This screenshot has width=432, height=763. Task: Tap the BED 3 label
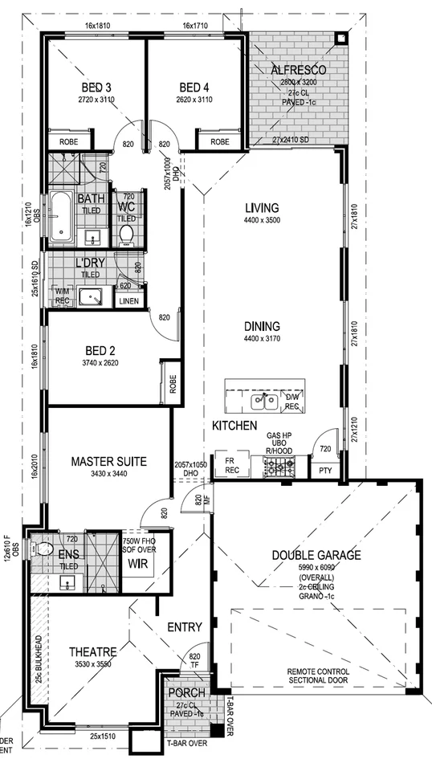(96, 88)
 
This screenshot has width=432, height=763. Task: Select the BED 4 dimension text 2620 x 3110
(194, 100)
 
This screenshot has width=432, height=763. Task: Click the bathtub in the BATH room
(61, 218)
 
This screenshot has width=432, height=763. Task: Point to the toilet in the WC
(125, 234)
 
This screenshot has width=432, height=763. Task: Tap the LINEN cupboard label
(128, 301)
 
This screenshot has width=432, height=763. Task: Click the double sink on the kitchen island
(262, 398)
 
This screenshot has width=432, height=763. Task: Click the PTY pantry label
(325, 471)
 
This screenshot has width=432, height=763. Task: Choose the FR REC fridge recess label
(231, 465)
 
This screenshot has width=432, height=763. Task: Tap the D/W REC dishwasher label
(292, 401)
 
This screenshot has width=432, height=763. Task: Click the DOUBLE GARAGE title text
(316, 555)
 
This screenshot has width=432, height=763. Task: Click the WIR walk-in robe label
(134, 564)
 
